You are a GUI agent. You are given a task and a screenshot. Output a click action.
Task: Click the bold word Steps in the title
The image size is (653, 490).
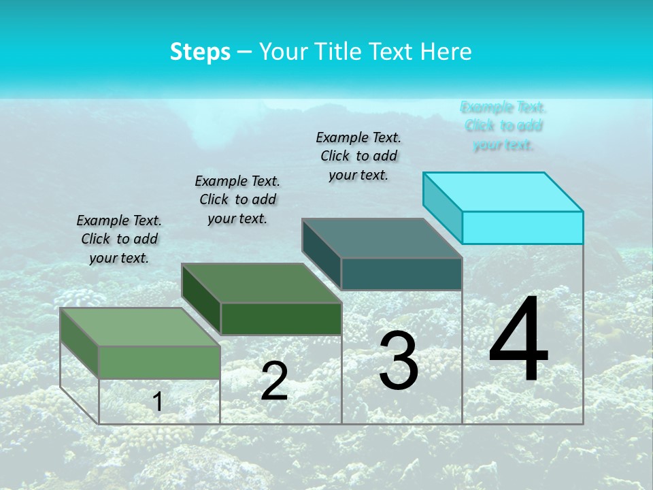[x=200, y=52]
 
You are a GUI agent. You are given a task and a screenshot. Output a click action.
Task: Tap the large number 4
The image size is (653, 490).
[x=518, y=340]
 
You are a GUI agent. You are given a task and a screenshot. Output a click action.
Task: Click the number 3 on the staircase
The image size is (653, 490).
[x=399, y=361]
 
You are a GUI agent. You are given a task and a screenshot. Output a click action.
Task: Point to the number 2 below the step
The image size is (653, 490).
[x=274, y=381]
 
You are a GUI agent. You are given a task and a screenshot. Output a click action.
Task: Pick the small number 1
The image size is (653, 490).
[x=158, y=402]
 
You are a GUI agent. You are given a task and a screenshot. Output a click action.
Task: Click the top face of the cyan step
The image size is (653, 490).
[x=503, y=191]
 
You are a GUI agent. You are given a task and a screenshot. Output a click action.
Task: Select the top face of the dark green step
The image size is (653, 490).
[x=261, y=283]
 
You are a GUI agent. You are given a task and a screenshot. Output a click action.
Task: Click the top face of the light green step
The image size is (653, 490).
[x=140, y=327]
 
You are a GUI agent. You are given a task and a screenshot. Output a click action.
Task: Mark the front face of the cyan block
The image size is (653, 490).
[x=522, y=227]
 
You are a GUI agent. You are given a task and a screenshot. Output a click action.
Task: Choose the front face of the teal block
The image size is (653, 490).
[x=401, y=274]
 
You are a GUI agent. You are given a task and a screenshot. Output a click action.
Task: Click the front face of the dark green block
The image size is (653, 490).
[x=281, y=318]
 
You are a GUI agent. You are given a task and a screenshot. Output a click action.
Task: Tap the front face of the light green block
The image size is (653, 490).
[x=159, y=362]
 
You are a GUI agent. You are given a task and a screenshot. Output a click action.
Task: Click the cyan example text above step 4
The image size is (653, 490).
[x=503, y=126]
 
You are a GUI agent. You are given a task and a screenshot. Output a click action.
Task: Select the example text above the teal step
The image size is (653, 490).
[x=358, y=156]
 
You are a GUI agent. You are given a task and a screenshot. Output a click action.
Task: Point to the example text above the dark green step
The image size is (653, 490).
[x=237, y=199]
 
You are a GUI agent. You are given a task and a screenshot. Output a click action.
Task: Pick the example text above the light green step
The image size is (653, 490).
[x=119, y=239]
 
